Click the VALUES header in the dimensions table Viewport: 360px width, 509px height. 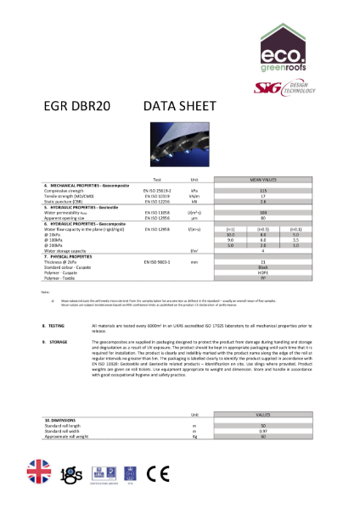click(x=264, y=413)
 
